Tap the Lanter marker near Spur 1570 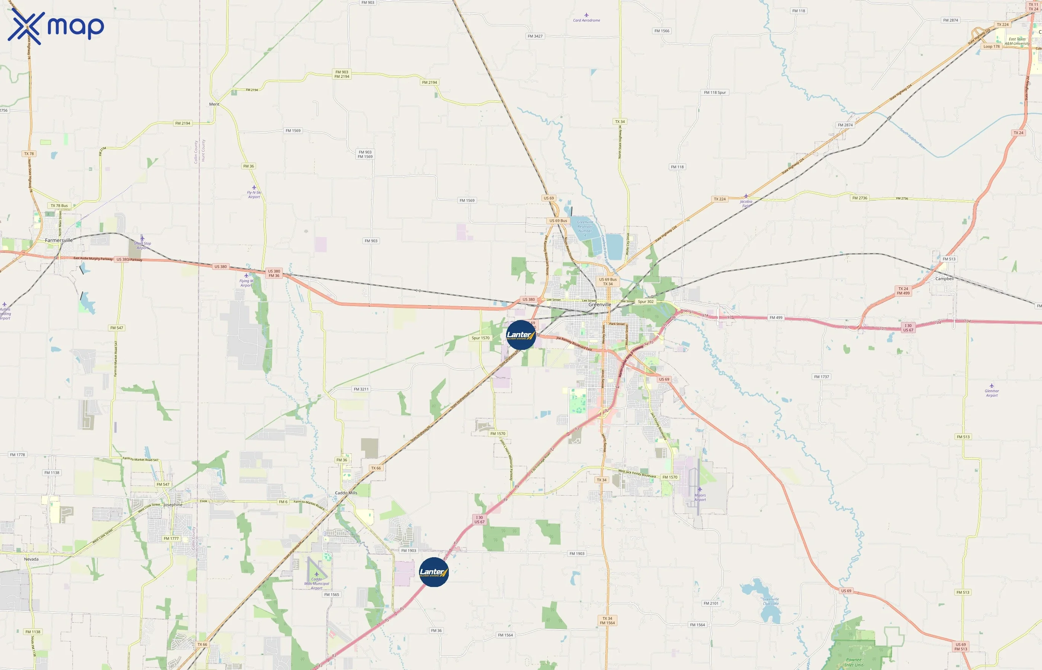521,335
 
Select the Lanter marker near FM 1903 434,572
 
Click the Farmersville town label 59,240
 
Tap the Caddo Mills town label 346,493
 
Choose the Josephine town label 173,505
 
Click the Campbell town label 944,278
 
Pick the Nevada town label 31,559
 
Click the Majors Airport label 700,497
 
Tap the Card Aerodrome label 586,20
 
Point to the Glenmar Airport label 991,393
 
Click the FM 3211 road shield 361,389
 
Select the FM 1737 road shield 822,377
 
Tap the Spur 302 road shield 645,301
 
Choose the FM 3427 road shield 535,36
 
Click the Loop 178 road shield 991,47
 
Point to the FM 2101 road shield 711,603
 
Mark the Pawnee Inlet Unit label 854,662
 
